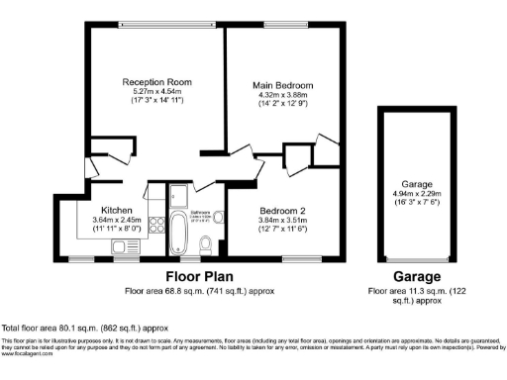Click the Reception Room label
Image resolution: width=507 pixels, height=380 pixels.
(x=156, y=81)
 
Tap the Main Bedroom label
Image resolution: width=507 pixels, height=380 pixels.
(x=281, y=85)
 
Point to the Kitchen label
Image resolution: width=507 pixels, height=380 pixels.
(x=111, y=210)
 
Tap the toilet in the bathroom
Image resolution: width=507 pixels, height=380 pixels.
(x=206, y=243)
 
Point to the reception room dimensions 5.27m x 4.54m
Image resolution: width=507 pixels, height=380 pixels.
(x=156, y=91)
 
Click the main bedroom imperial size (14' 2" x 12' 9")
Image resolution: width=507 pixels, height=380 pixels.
(x=281, y=104)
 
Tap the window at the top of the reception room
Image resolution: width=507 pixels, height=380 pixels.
(x=154, y=25)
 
